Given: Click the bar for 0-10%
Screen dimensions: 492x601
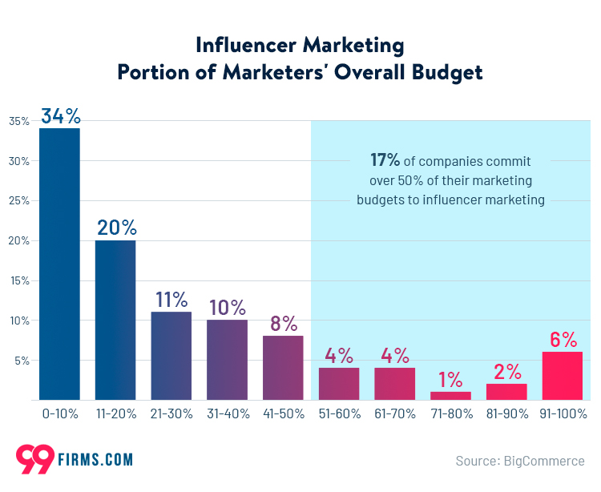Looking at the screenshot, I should (x=59, y=264).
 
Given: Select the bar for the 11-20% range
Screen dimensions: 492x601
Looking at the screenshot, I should (x=115, y=320).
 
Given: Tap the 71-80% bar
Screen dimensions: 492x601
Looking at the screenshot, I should (x=450, y=395).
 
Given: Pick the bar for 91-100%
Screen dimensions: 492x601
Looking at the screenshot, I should (x=563, y=375).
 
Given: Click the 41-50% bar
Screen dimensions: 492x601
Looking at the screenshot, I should (x=283, y=367).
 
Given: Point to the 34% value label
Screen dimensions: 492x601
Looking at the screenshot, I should (x=60, y=116).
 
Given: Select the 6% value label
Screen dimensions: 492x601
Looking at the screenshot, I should (x=563, y=340).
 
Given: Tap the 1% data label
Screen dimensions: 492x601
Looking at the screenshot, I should (x=450, y=379).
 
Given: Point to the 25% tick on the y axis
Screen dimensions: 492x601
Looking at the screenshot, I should (x=19, y=201).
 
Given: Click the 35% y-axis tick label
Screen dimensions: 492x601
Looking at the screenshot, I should (x=19, y=121).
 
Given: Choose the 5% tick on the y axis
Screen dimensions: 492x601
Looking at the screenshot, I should (x=22, y=361).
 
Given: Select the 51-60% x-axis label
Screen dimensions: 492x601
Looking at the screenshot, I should (x=339, y=414).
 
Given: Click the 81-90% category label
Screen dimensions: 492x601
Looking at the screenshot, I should (x=506, y=414).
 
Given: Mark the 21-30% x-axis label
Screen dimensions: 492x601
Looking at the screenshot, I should (x=171, y=414).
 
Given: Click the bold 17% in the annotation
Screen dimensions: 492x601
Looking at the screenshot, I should (x=384, y=159).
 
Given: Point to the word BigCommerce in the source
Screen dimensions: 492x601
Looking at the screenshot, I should (x=544, y=461).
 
